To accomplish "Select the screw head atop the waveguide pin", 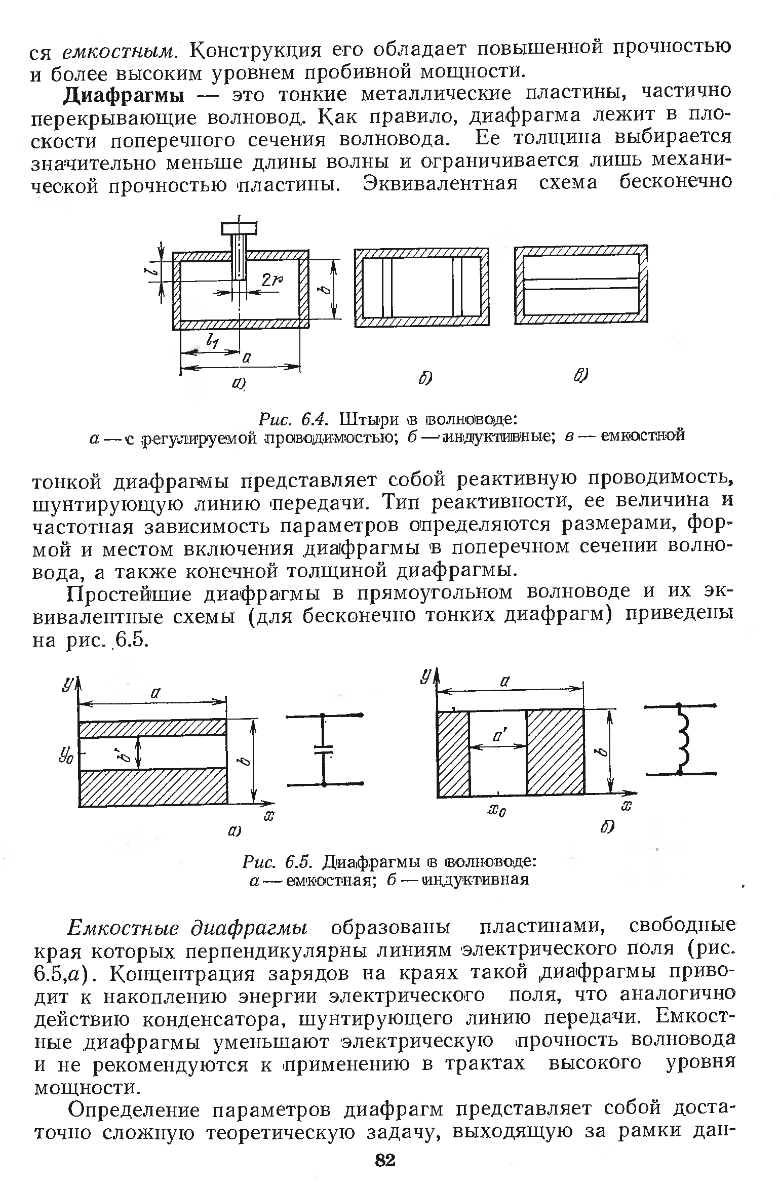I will [x=239, y=229].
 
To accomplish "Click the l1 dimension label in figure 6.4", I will [x=212, y=342].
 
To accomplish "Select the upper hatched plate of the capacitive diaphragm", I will [x=152, y=728].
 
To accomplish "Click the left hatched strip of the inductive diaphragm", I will [x=453, y=753].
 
